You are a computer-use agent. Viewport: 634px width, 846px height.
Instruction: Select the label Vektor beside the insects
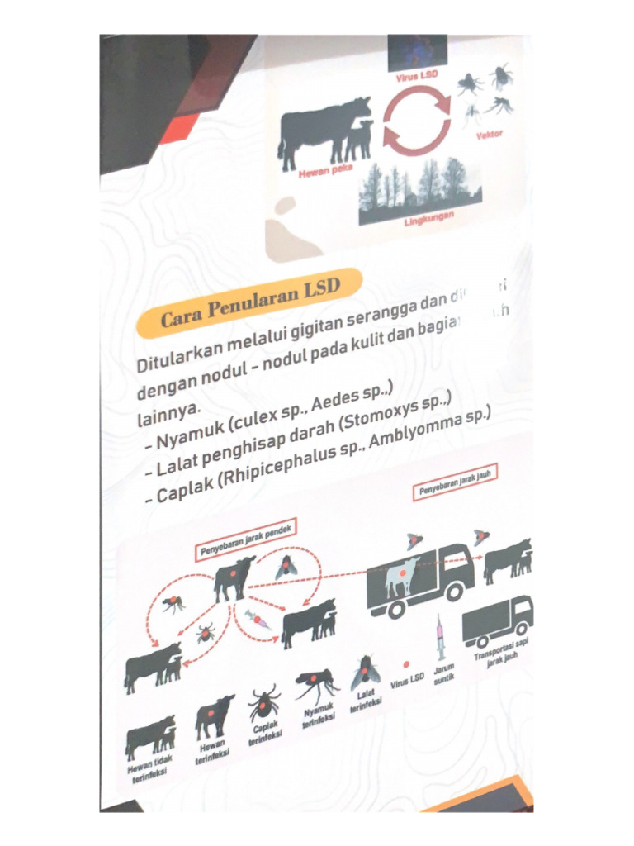pyautogui.click(x=489, y=134)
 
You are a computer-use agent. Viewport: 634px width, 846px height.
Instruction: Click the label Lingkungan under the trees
pyautogui.click(x=428, y=221)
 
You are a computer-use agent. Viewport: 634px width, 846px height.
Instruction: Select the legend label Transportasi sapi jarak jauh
pyautogui.click(x=501, y=658)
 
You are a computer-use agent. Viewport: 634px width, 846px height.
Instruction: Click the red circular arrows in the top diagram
pyautogui.click(x=417, y=122)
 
